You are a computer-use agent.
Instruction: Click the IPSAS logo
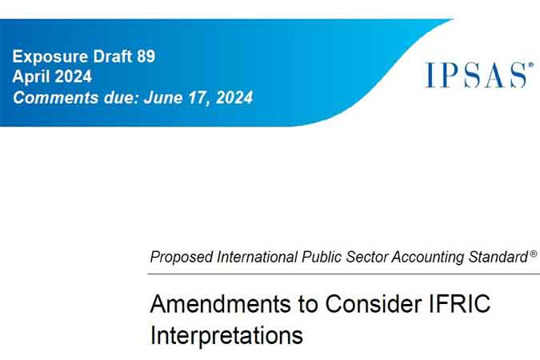[x=479, y=74]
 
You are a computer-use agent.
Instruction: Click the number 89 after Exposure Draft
[x=146, y=56]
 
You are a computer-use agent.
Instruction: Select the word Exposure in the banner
[x=50, y=57]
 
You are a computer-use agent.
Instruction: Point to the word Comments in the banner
[x=56, y=98]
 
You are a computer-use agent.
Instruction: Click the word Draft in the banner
[x=113, y=56]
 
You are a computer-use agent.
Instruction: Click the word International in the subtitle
[x=258, y=257]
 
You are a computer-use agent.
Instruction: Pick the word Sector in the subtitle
[x=366, y=257]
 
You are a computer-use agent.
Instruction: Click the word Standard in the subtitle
[x=498, y=257]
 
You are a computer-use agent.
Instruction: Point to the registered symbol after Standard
[x=533, y=254]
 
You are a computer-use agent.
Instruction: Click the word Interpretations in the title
[x=226, y=335]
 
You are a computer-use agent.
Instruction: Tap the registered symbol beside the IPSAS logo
[x=531, y=65]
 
